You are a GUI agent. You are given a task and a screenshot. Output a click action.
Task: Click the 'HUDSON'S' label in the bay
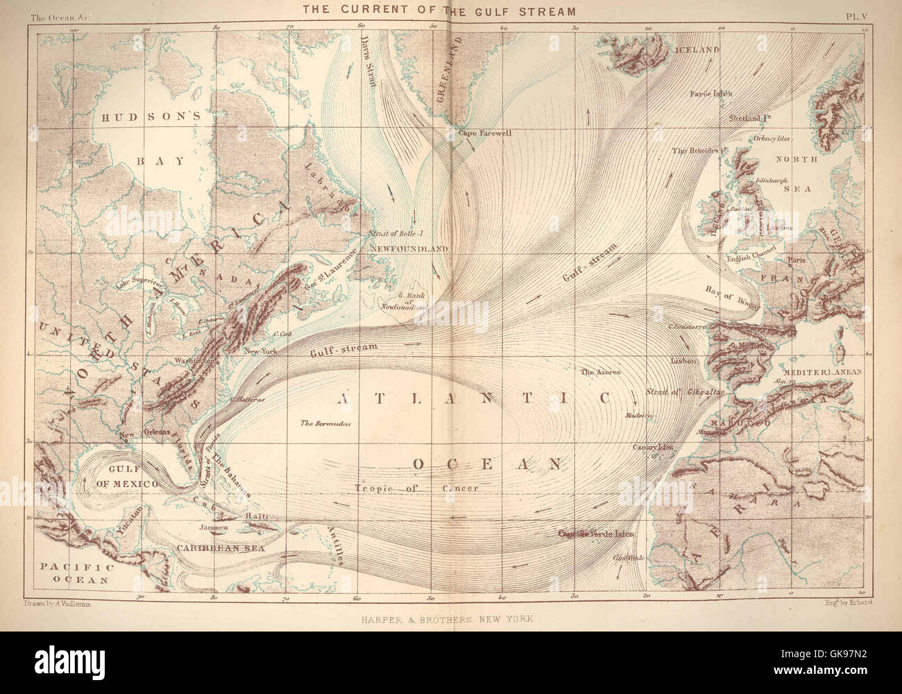151,117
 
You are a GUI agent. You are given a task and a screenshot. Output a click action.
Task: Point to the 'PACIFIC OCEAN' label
75,573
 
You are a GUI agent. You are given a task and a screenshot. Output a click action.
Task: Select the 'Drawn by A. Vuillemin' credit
57,604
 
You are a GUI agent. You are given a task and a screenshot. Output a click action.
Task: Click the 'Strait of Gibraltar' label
686,393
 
